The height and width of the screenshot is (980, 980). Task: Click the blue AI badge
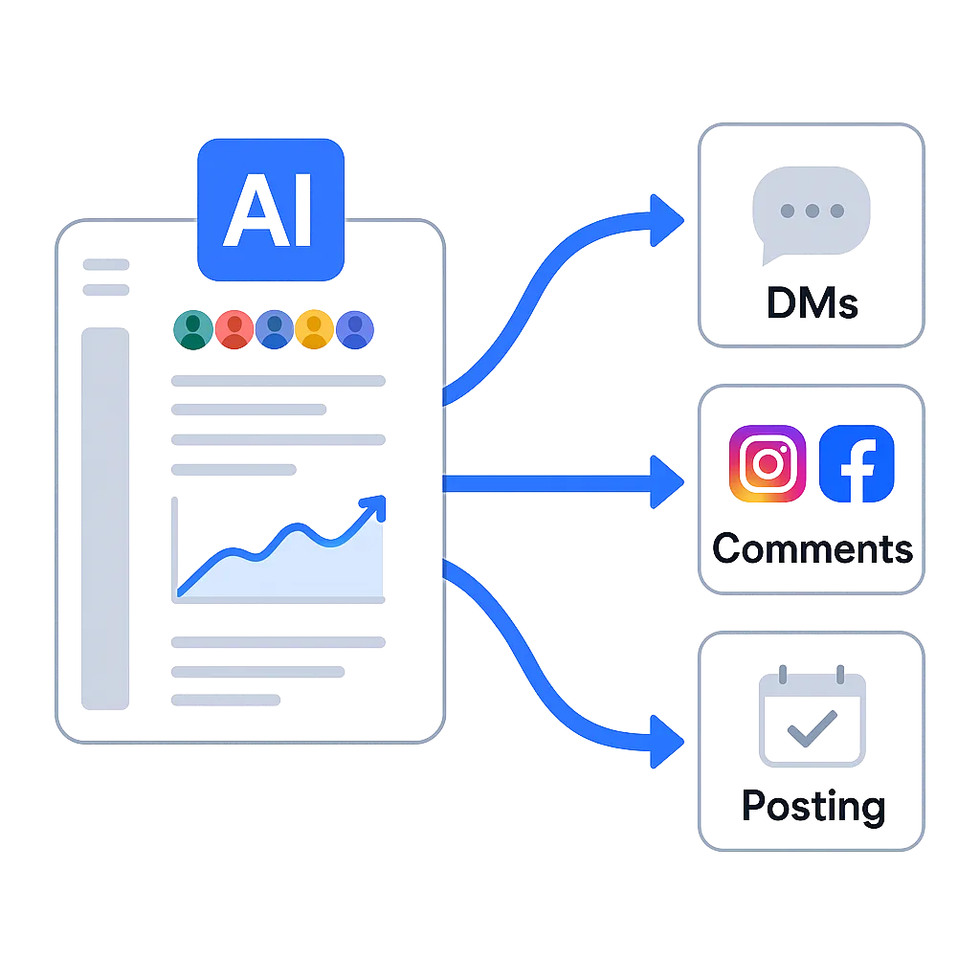tap(269, 209)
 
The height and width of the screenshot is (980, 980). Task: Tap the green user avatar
tap(194, 329)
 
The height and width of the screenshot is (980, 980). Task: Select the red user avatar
tap(234, 329)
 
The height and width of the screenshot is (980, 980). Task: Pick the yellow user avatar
tap(315, 329)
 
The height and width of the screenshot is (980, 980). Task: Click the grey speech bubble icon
tap(812, 216)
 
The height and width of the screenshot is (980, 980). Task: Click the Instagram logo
tap(767, 464)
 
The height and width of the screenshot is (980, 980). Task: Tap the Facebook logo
tap(857, 464)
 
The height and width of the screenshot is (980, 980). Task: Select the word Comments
tap(812, 549)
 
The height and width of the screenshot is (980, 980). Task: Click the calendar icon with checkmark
tap(812, 718)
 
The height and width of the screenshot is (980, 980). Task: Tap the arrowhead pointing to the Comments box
tap(666, 481)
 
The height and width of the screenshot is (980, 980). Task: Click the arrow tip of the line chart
tap(380, 501)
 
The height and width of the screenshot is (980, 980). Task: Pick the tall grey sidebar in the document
tap(103, 517)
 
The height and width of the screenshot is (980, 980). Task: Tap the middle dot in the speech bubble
tap(812, 211)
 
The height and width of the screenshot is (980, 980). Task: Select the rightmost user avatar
tap(355, 329)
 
